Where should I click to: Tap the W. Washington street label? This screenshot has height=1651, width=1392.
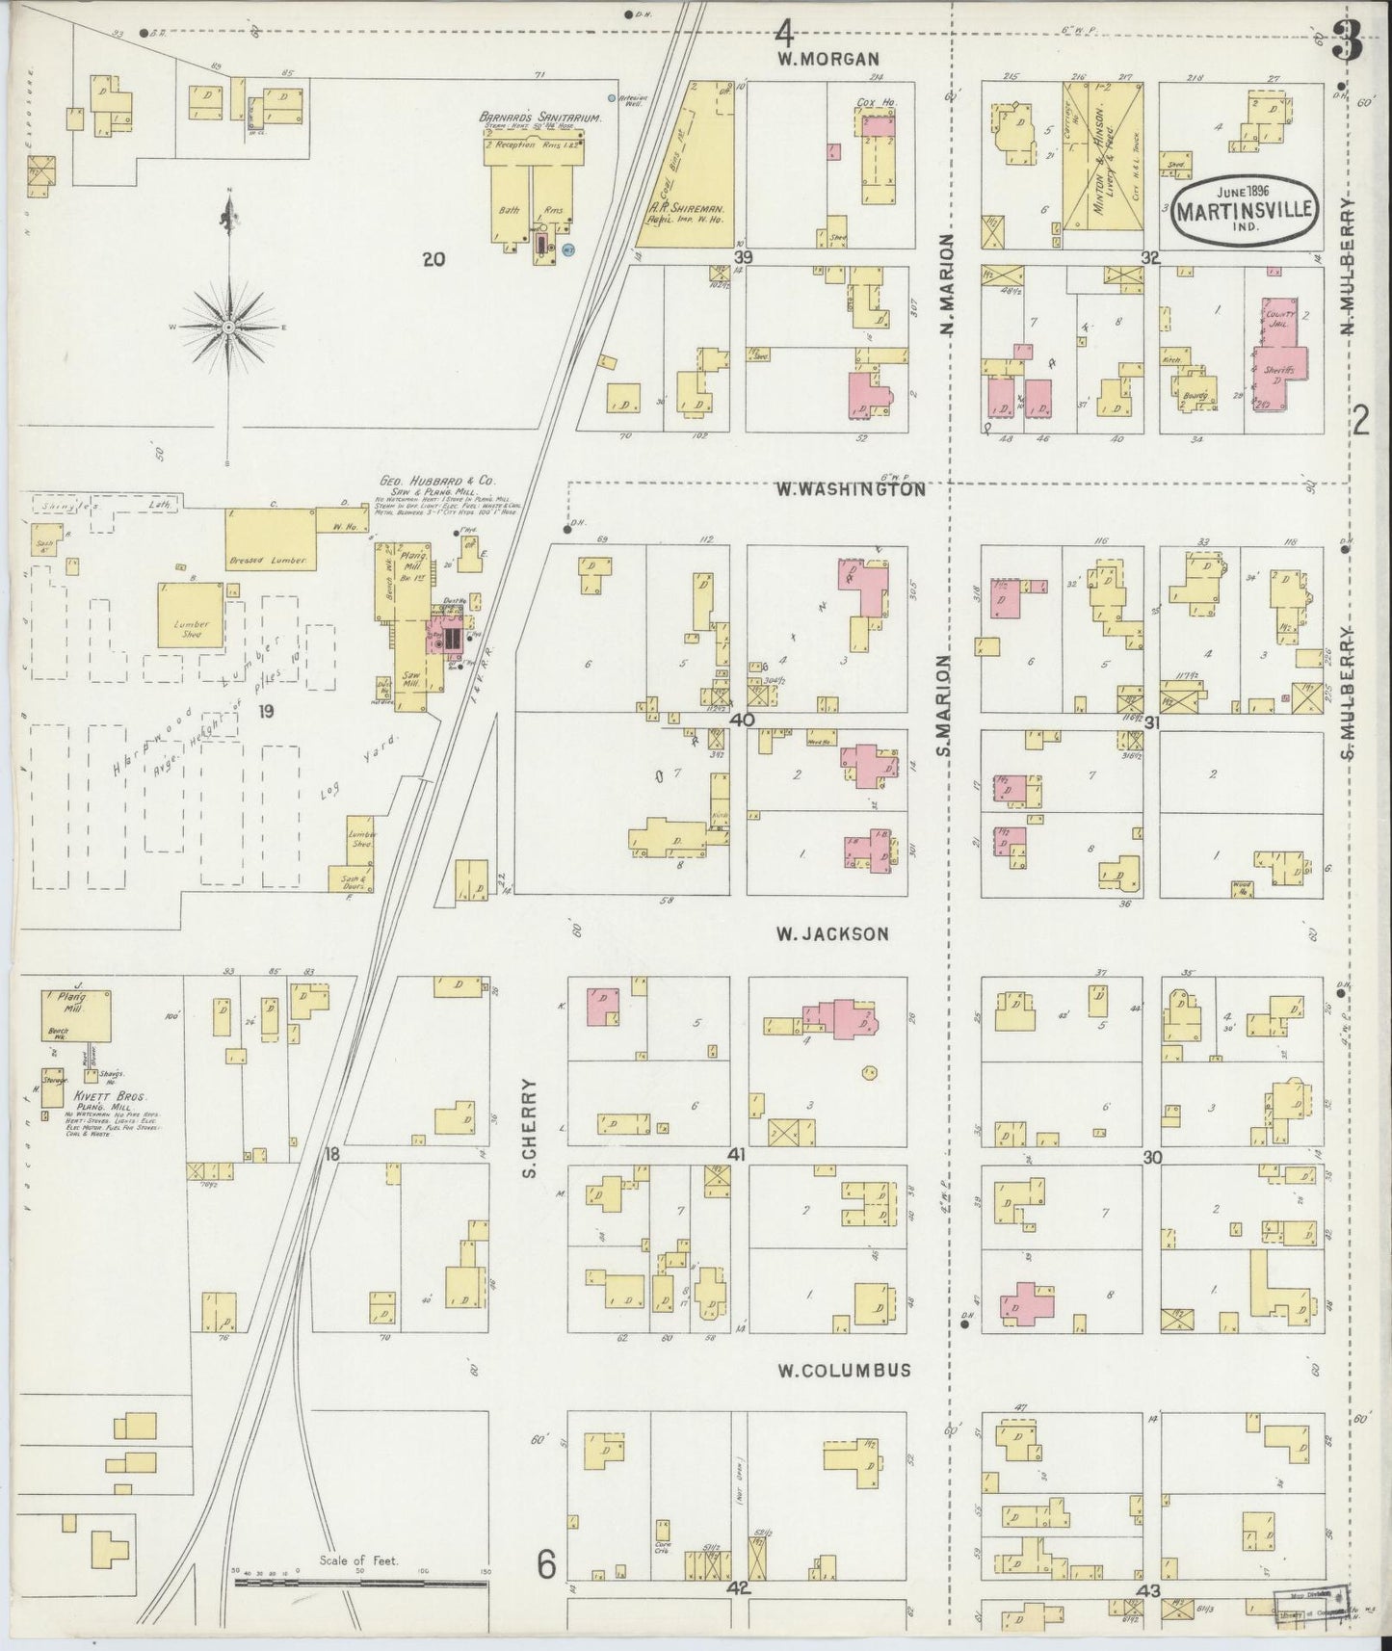(x=851, y=489)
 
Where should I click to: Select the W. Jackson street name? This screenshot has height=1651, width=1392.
(x=831, y=932)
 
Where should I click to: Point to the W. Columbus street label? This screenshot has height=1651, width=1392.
(x=844, y=1370)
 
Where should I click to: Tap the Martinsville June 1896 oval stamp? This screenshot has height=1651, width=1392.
(x=1244, y=207)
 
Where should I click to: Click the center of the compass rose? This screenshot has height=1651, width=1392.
(x=229, y=328)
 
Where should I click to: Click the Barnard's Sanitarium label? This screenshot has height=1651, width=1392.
(x=540, y=118)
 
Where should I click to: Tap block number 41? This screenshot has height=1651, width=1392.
(x=738, y=1155)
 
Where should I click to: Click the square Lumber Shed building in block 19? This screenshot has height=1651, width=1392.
(x=192, y=623)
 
